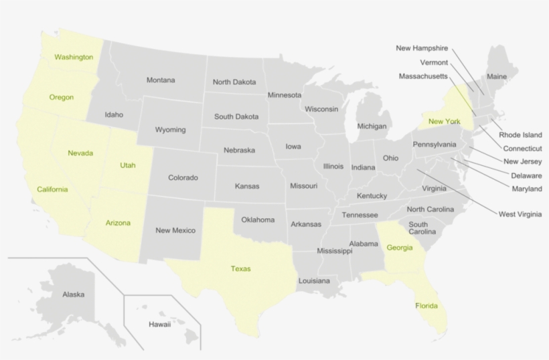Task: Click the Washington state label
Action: (x=74, y=57)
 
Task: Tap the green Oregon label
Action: (x=62, y=97)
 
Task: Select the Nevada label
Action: (x=80, y=153)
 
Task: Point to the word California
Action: (x=52, y=189)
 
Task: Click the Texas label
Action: (x=240, y=268)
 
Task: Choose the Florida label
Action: (x=426, y=306)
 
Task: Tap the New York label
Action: (x=445, y=121)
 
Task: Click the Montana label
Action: (x=161, y=80)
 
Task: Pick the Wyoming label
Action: (x=170, y=130)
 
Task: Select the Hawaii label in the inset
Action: (x=159, y=325)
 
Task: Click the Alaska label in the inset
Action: (x=74, y=294)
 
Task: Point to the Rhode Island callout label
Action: (x=520, y=134)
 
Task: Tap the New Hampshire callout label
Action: (x=422, y=48)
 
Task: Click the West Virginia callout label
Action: (x=520, y=214)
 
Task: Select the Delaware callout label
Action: (x=526, y=175)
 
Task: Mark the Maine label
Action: (x=497, y=76)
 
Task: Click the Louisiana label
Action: (x=314, y=281)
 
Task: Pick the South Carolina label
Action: (x=418, y=228)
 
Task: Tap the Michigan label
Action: (x=372, y=126)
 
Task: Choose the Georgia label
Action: (x=400, y=248)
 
